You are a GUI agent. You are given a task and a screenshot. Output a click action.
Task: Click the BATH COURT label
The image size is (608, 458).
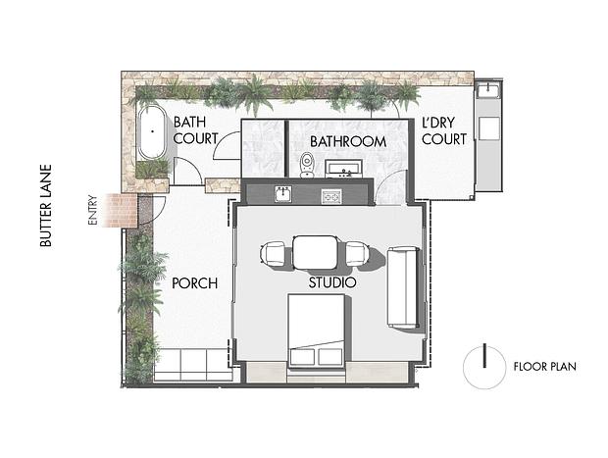[x=195, y=130]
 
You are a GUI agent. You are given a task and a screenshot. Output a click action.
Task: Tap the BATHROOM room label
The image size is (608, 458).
[x=348, y=141]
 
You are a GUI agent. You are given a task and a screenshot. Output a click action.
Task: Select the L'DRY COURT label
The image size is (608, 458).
[x=444, y=131]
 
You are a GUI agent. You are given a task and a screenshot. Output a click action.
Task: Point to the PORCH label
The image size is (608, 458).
[x=194, y=283]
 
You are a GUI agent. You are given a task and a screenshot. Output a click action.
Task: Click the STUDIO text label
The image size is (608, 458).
[x=332, y=282]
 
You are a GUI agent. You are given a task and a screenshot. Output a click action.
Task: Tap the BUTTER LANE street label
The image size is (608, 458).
[x=46, y=206]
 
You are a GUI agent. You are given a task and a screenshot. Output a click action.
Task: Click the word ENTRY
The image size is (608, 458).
[x=92, y=210]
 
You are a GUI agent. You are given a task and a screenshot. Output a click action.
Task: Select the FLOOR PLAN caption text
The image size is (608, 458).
[x=545, y=367]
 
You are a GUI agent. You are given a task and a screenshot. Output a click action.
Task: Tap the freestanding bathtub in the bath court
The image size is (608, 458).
[x=152, y=132]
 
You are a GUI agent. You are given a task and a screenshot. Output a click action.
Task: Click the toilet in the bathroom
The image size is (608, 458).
[x=307, y=165]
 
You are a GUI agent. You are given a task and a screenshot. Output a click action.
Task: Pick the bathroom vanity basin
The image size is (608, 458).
[x=344, y=169]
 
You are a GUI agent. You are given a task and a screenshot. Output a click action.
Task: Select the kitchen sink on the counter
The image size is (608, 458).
[x=284, y=193]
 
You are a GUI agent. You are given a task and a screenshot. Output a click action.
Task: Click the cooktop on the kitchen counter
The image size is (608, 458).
[x=331, y=196]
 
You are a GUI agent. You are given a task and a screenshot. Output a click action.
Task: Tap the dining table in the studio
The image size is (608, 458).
[x=315, y=253]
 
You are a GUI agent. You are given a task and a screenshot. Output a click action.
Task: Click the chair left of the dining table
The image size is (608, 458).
[x=273, y=254]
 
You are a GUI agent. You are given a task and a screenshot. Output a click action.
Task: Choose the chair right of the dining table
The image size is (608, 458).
[x=356, y=253]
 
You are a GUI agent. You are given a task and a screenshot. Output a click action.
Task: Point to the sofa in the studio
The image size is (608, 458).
[x=403, y=287]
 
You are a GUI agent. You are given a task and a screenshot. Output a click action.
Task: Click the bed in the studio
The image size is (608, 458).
[x=316, y=331]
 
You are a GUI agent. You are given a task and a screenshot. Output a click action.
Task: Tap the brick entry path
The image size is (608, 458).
[x=122, y=210]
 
